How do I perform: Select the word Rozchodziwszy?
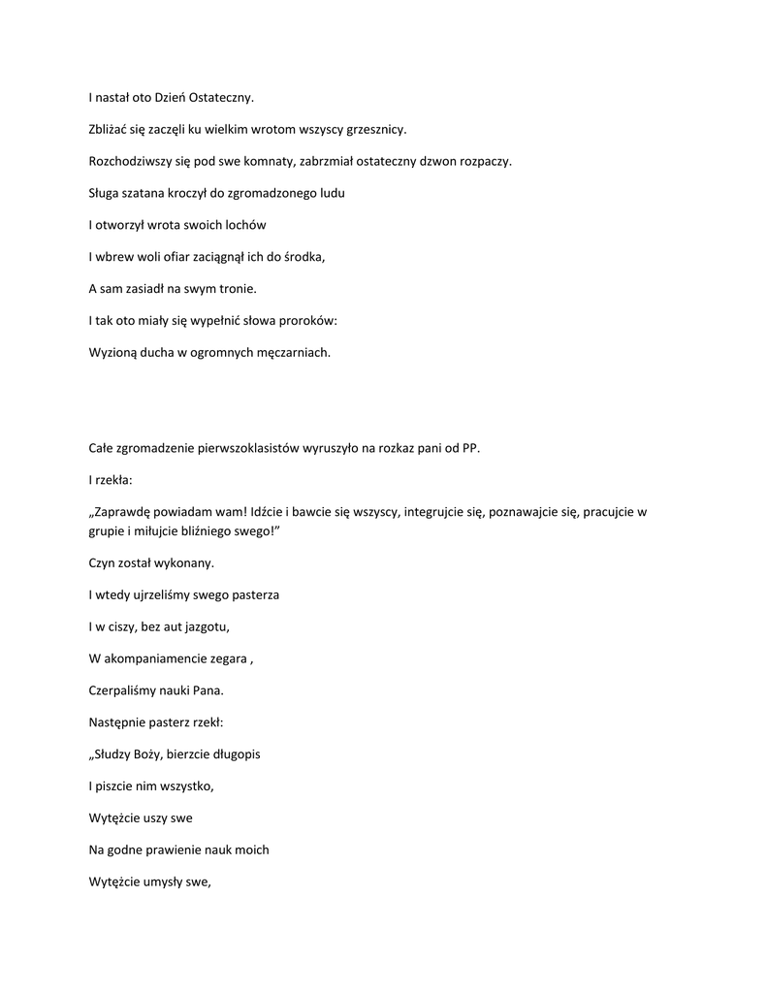(129, 161)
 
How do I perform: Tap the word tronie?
(235, 289)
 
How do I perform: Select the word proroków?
(305, 321)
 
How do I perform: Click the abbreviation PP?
(470, 448)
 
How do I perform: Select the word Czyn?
(101, 562)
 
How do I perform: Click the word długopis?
(233, 753)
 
